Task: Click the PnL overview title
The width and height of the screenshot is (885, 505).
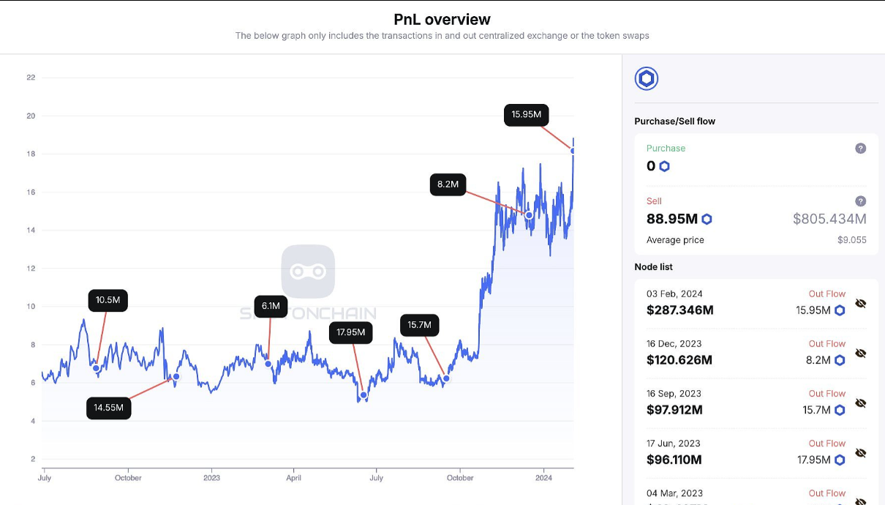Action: (442, 19)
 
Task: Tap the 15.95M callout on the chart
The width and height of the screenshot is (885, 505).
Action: (526, 114)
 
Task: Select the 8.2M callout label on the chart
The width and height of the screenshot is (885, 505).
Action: (448, 184)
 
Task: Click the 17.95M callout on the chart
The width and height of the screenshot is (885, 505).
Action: (350, 332)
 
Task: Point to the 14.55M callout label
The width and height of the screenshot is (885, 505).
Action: (108, 408)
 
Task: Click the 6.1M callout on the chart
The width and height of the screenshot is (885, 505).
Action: (271, 306)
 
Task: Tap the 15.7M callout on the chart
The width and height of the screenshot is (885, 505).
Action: (419, 325)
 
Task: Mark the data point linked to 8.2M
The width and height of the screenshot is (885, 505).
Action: (529, 214)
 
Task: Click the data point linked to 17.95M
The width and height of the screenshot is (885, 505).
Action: (364, 395)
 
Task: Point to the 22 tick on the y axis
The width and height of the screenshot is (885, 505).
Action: (31, 78)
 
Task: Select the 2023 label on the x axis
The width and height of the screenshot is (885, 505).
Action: (211, 478)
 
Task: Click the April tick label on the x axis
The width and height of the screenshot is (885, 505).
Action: (294, 478)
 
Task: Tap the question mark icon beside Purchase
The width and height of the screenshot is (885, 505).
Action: (860, 149)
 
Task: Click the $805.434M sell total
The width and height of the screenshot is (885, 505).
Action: (829, 219)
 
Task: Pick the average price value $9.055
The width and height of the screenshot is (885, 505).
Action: (852, 240)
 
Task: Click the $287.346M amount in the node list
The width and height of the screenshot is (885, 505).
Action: (679, 310)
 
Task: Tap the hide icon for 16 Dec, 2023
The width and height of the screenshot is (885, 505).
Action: (860, 353)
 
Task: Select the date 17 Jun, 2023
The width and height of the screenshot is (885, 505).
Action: (673, 444)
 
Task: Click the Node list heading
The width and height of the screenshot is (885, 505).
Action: (653, 267)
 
